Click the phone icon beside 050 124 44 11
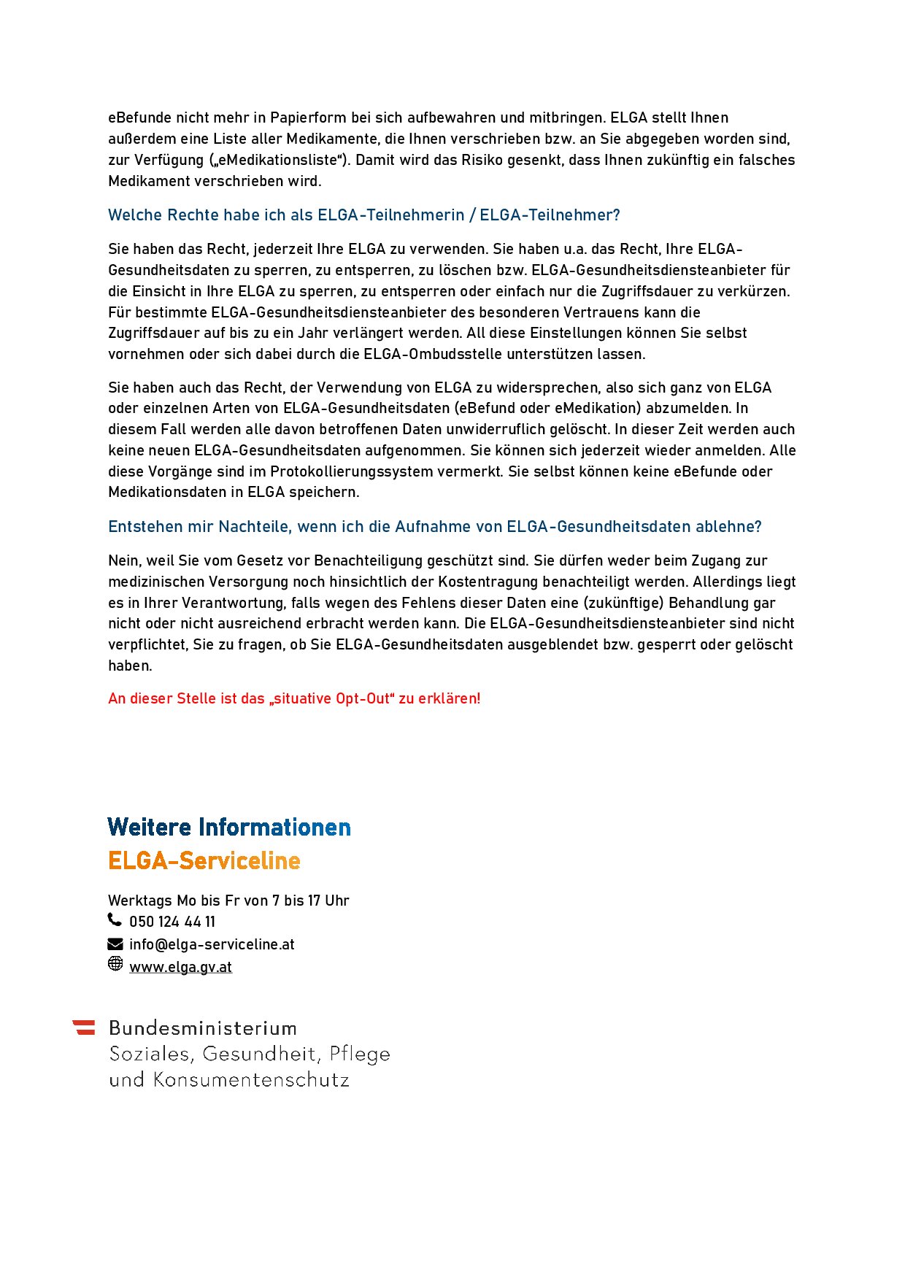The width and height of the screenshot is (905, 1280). (115, 919)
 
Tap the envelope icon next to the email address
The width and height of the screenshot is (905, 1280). (115, 944)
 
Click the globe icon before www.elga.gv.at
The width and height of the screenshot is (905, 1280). (115, 964)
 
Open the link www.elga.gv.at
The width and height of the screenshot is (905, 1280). (180, 967)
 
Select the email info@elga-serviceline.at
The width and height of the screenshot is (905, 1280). (212, 944)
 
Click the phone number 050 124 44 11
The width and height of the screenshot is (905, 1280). (172, 922)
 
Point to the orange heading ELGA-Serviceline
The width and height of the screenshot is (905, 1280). (204, 860)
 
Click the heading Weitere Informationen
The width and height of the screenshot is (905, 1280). (229, 827)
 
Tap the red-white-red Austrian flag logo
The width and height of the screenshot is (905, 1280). (84, 1028)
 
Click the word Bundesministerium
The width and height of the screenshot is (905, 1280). (203, 1028)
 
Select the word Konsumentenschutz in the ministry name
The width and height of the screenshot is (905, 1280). (251, 1080)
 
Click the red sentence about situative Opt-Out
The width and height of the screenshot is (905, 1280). (294, 698)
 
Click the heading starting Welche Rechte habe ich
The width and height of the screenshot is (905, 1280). (363, 215)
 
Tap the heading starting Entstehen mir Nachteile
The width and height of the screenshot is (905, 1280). (434, 527)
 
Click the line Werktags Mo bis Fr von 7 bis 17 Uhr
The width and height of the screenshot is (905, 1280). (228, 901)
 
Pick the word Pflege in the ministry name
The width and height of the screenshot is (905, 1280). (360, 1055)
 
